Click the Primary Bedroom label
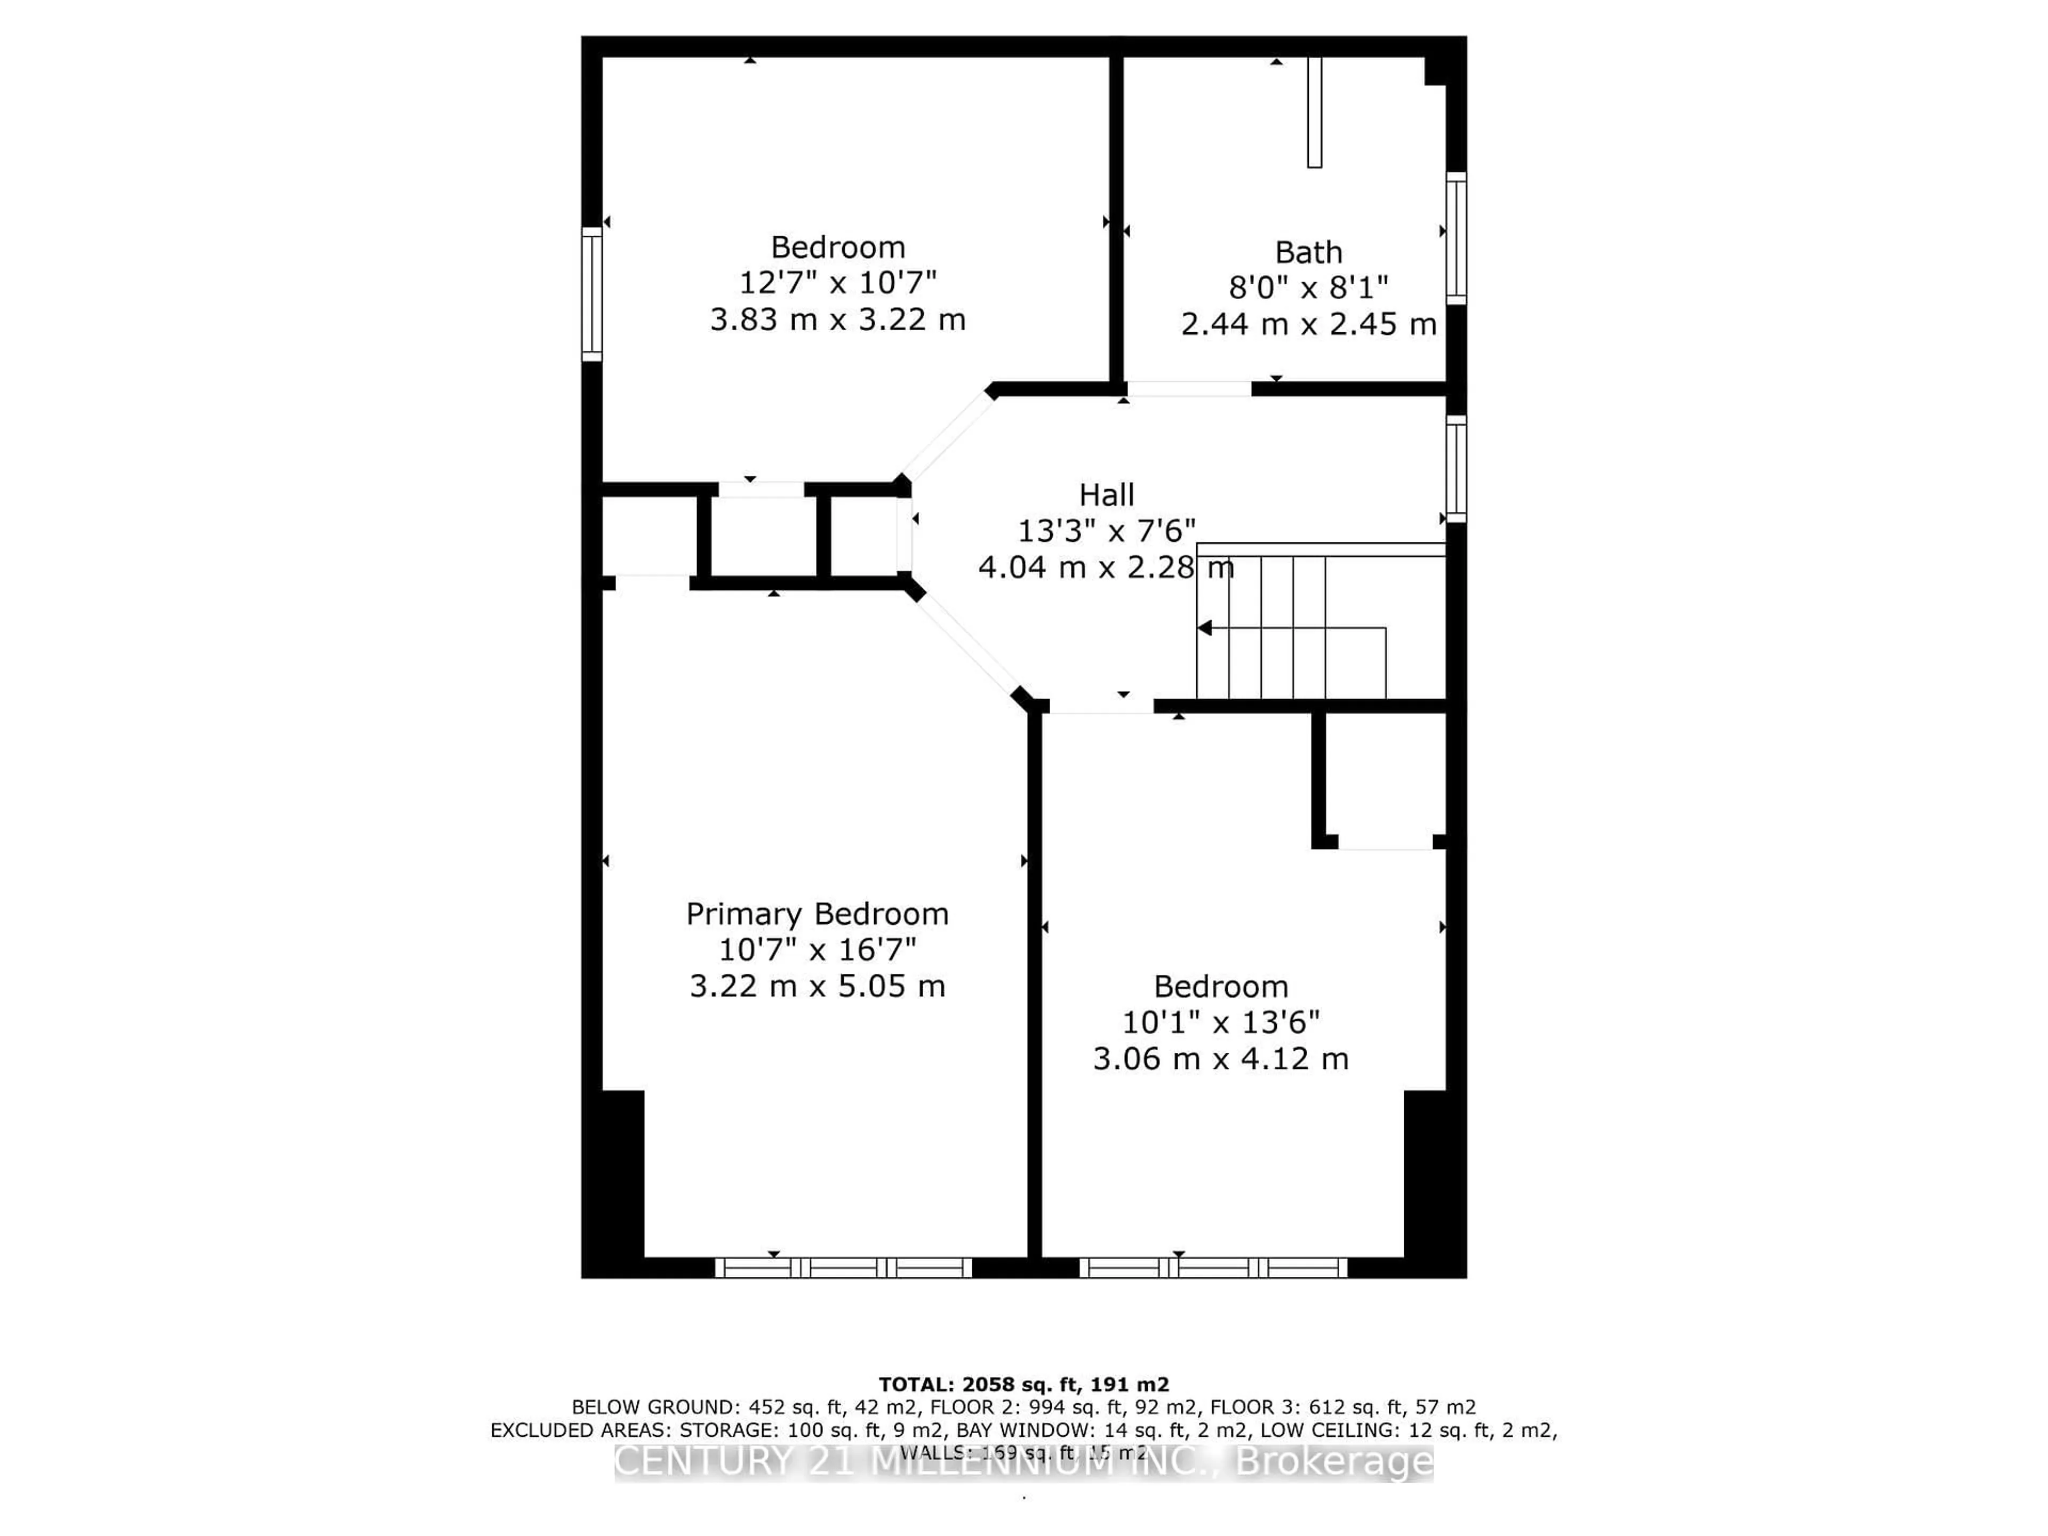coord(817,914)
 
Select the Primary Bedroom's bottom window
coord(843,1268)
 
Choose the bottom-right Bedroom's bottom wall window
coord(1213,1268)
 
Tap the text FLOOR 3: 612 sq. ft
coord(1389,1407)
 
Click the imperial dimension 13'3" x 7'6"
coord(1107,531)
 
